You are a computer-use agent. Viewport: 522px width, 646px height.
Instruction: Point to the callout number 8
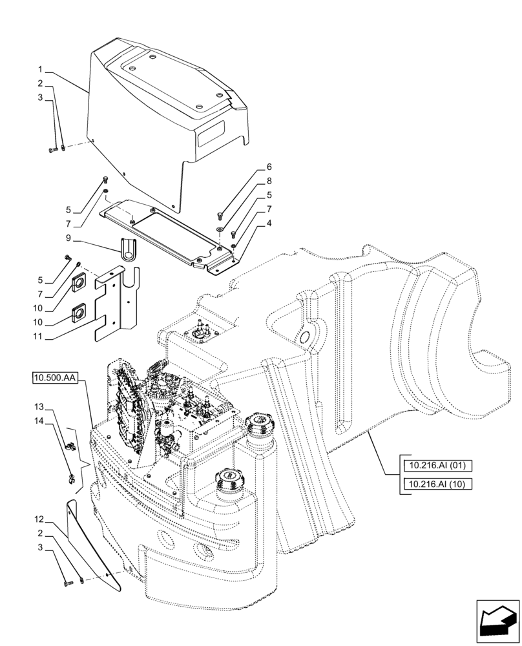point(269,182)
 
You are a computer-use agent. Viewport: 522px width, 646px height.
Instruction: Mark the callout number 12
point(40,519)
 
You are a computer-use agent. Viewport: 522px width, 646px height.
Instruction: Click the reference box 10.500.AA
point(54,377)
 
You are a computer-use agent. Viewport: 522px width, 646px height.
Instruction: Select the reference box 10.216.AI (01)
point(437,465)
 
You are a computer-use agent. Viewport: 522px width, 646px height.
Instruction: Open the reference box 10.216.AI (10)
point(437,484)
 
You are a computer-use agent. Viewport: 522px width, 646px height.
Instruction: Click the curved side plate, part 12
point(97,543)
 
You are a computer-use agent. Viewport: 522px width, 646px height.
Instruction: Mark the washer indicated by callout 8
point(221,228)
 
